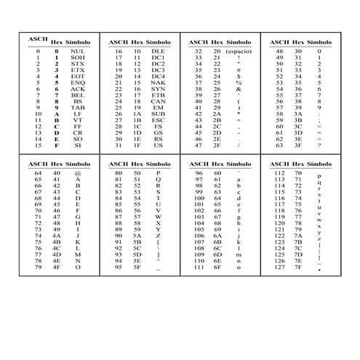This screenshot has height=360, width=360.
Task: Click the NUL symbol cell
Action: click(78, 52)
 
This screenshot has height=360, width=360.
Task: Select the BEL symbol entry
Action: click(78, 95)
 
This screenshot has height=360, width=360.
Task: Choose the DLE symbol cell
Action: click(159, 52)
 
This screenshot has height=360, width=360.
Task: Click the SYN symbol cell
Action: click(159, 88)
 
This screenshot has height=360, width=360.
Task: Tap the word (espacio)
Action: click(239, 52)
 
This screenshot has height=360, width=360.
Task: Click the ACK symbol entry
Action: click(78, 88)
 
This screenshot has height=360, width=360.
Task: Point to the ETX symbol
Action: click(78, 70)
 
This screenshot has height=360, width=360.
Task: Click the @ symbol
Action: click(78, 174)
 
